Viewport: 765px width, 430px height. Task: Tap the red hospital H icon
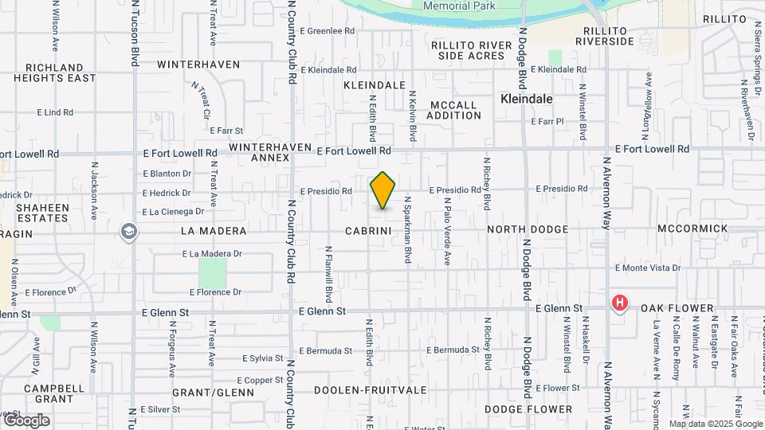click(619, 303)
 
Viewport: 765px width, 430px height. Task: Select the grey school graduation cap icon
click(127, 232)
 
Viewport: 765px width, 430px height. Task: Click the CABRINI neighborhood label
click(367, 230)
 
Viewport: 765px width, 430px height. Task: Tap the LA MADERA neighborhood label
click(214, 230)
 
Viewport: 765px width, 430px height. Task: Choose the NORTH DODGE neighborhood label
click(528, 229)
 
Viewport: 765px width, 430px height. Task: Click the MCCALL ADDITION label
click(454, 110)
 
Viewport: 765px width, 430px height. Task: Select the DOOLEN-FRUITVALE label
click(370, 390)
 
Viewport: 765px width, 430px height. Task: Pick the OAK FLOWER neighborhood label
click(669, 308)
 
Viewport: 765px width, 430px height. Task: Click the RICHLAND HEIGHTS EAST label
click(54, 72)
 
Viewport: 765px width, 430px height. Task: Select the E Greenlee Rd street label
click(328, 31)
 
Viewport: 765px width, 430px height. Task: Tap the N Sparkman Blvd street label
click(407, 230)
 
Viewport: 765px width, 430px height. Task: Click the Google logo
click(26, 420)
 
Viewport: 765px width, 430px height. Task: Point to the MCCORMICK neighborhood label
click(692, 229)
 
